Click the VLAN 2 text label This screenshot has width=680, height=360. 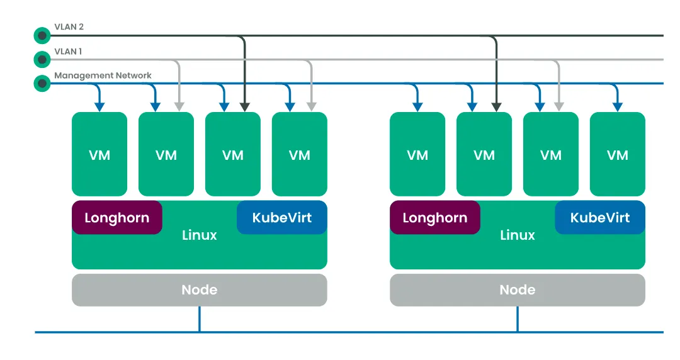click(69, 27)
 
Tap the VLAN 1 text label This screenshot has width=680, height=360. click(68, 51)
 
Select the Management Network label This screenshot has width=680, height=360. click(103, 76)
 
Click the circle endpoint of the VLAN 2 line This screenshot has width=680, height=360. click(42, 35)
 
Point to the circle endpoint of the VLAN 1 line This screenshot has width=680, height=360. click(42, 59)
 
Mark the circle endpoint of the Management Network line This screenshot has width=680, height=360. click(42, 83)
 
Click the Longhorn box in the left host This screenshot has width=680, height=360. click(116, 218)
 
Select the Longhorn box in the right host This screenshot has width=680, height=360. click(434, 218)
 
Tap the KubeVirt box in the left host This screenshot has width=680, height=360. click(281, 218)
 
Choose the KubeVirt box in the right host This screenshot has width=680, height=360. click(599, 218)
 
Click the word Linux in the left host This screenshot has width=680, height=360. click(199, 235)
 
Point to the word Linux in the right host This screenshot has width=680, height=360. click(517, 235)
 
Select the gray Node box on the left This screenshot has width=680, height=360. click(199, 290)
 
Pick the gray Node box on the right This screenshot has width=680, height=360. click(517, 290)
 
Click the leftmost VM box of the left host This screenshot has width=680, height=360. click(99, 154)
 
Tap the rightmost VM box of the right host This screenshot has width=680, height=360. click(617, 154)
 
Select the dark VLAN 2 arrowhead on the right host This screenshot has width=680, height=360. click(497, 106)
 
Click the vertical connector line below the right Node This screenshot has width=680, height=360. click(518, 319)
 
